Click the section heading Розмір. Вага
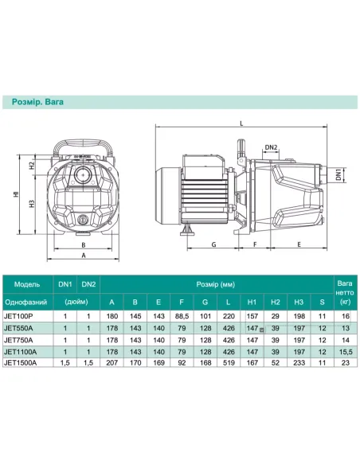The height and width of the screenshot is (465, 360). point(37,102)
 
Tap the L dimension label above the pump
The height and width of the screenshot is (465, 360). point(241,123)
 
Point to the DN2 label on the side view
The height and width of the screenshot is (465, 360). point(271,147)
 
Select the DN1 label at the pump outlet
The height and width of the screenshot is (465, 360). point(338,174)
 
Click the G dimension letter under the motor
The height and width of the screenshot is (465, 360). point(213,244)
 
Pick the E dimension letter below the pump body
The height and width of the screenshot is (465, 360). point(299,244)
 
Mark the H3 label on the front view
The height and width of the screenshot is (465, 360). point(32,204)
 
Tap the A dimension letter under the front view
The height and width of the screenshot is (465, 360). point(84,256)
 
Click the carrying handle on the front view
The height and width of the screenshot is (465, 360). point(83,143)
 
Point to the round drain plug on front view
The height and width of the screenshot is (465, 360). point(83,220)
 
